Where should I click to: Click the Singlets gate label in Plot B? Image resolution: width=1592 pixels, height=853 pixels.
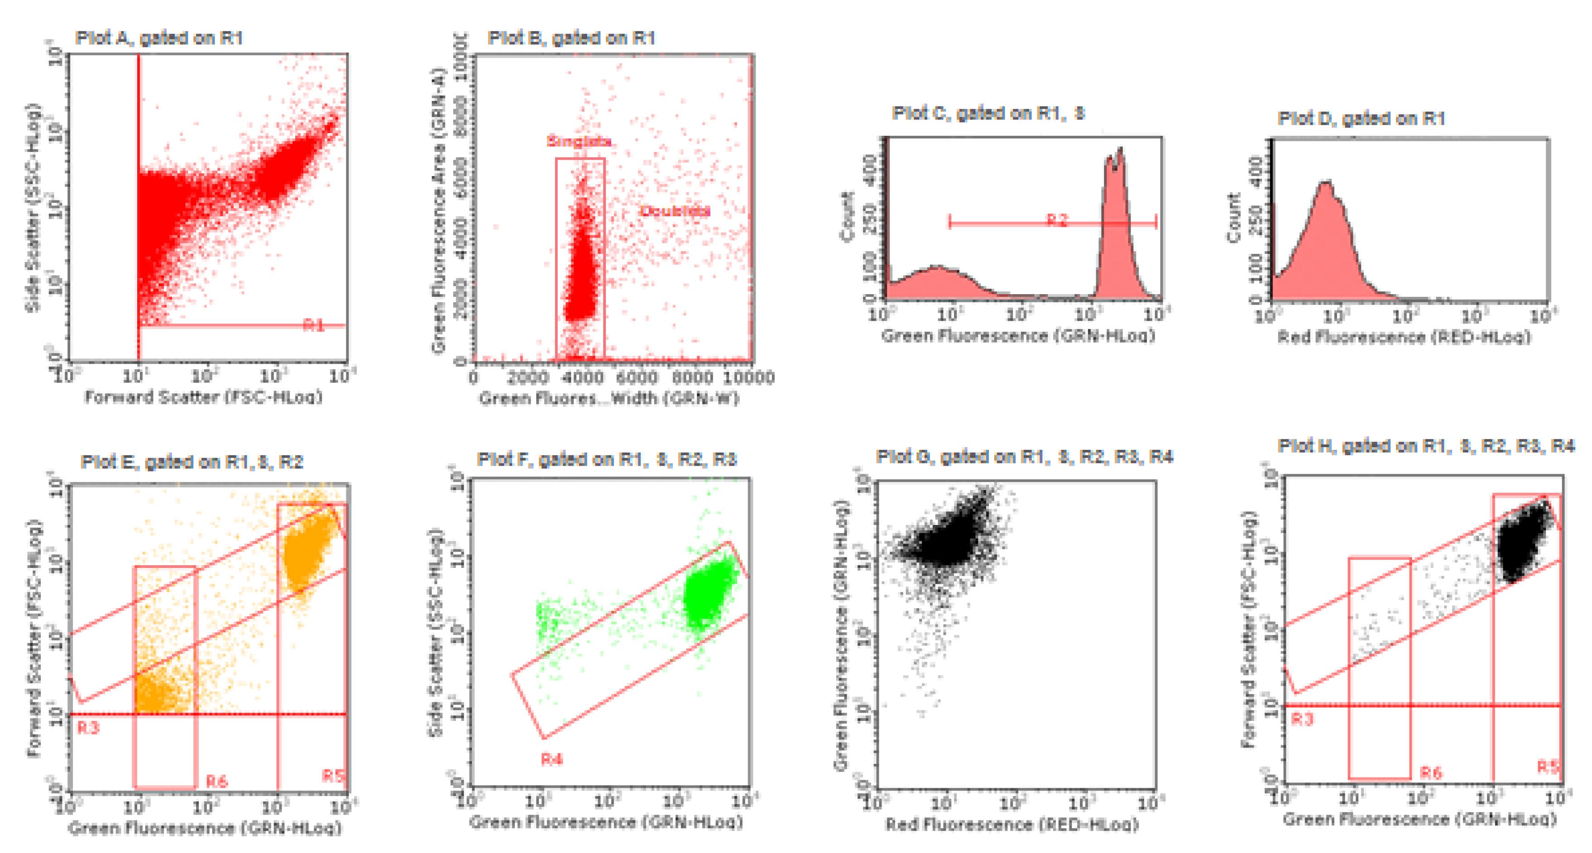[x=579, y=141]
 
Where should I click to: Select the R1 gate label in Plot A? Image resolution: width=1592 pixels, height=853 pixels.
[x=314, y=325]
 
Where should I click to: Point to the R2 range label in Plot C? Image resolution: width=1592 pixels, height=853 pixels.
[x=1057, y=220]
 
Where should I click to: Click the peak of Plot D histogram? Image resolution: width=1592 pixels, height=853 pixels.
[x=1326, y=185]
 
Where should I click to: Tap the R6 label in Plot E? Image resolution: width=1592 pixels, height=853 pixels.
[x=217, y=782]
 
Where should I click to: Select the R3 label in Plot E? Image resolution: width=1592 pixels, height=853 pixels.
[x=88, y=728]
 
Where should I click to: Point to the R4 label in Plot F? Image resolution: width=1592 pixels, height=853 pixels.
[x=552, y=759]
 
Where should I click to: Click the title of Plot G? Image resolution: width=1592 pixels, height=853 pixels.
[x=1024, y=457]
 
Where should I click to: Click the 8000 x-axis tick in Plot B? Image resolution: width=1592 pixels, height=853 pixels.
[x=692, y=377]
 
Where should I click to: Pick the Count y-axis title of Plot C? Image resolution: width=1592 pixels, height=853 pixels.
[x=847, y=216]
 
